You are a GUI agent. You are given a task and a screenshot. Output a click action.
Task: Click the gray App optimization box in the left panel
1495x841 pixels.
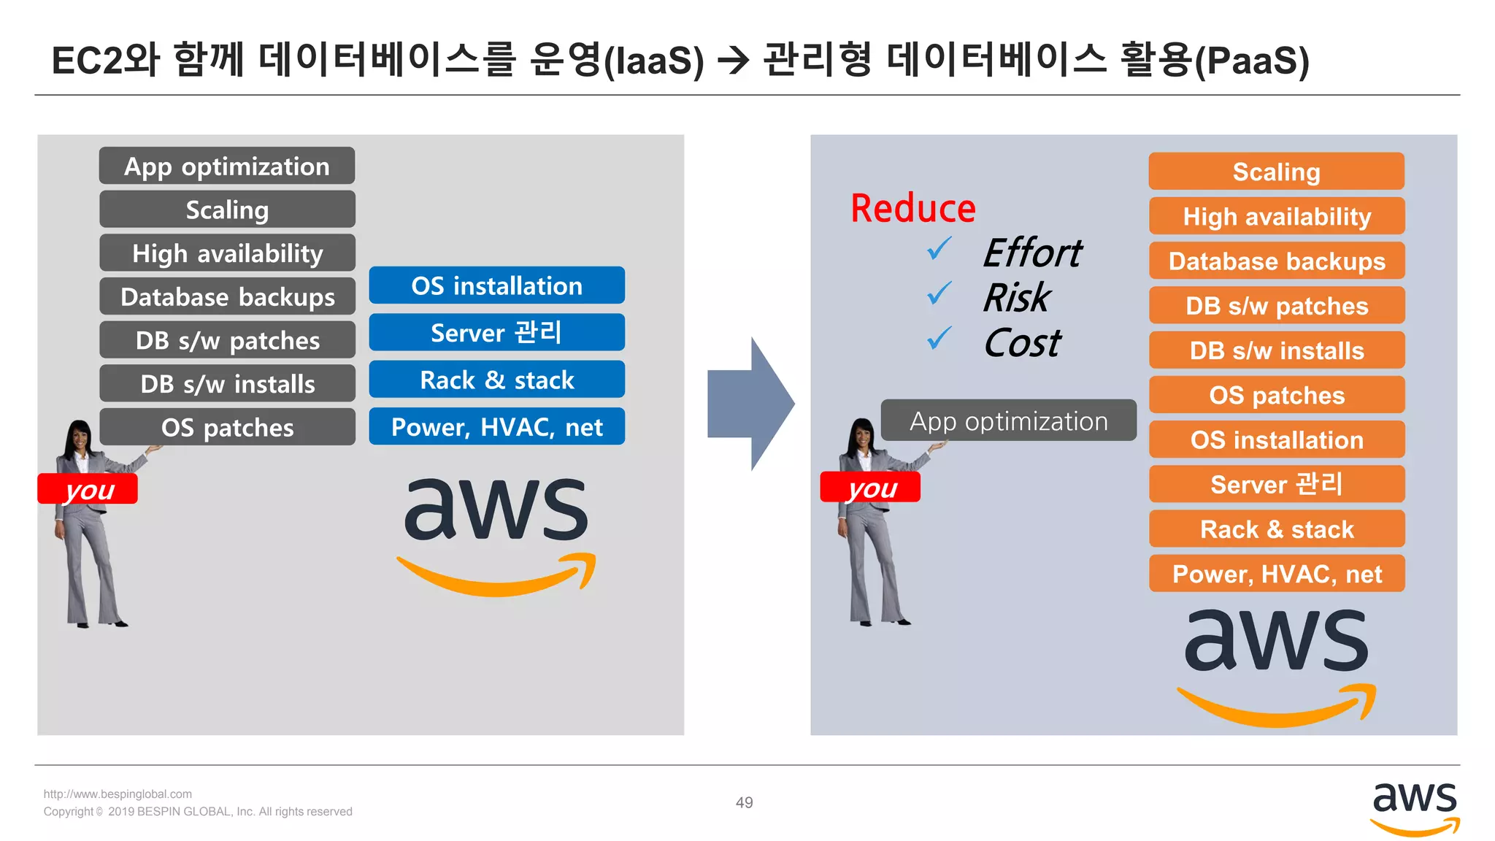[227, 166]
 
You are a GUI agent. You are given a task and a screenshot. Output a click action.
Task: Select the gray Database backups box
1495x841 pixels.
[227, 297]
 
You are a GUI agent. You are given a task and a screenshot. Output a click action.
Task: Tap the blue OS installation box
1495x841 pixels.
[496, 285]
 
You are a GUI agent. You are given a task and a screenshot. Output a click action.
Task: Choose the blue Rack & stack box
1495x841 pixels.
[496, 380]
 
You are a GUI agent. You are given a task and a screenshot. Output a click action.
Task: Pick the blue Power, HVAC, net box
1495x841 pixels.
[496, 427]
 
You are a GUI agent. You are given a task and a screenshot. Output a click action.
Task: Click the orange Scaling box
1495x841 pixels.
[1276, 172]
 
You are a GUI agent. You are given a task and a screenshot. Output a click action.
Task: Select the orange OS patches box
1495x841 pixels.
[1276, 395]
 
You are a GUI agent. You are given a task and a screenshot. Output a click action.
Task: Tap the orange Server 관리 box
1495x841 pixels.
[1276, 484]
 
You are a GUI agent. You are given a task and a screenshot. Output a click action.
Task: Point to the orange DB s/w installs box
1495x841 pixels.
[1276, 350]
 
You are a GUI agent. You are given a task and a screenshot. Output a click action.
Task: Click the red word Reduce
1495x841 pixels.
[912, 209]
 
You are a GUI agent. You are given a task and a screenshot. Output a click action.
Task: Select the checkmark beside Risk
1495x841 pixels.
[939, 294]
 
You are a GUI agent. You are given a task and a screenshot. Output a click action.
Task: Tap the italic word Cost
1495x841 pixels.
[1022, 343]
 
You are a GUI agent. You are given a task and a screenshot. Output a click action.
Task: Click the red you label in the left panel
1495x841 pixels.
[88, 489]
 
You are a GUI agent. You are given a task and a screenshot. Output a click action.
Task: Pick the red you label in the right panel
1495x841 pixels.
[870, 488]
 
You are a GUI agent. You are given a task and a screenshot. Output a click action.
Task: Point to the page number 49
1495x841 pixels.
[744, 803]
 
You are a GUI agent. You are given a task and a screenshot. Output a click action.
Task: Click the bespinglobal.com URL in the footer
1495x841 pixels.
[118, 794]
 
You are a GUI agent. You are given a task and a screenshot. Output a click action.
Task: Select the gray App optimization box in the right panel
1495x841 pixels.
[1008, 421]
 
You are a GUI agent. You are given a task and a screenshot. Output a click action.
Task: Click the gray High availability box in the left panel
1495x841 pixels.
[227, 253]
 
